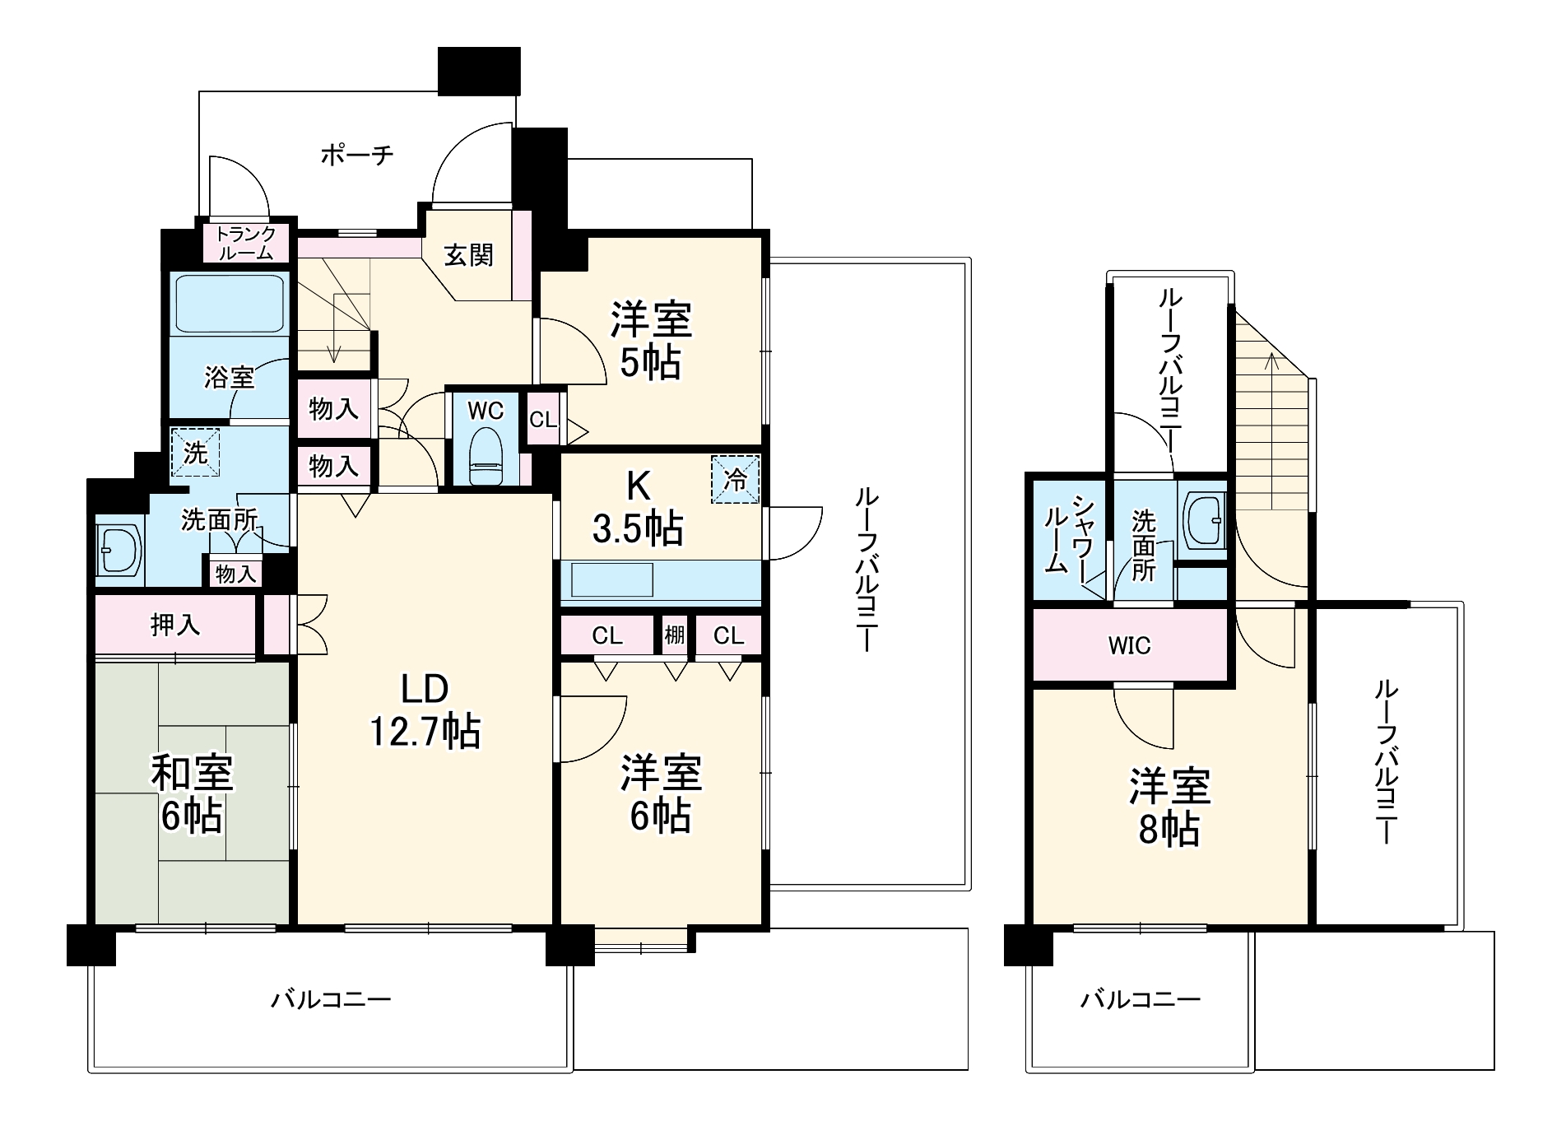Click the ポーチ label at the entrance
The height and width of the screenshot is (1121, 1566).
[x=357, y=154]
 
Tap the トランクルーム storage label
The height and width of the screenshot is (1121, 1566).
[x=246, y=243]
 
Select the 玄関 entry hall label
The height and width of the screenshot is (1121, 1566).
[x=469, y=255]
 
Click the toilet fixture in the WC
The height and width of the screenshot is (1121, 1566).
[x=485, y=457]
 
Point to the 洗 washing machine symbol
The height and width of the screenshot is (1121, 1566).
[x=195, y=452]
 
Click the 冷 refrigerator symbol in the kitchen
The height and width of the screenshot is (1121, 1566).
[x=735, y=479]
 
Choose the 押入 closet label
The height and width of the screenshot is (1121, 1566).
[x=175, y=626]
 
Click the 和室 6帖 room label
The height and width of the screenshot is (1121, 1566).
[x=193, y=794]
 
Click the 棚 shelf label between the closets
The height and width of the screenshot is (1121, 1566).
[x=675, y=635]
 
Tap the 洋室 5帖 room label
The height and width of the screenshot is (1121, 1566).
[x=651, y=340]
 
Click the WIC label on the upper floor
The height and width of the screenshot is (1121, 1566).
[x=1129, y=646]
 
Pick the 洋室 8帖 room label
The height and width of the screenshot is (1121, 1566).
[x=1169, y=807]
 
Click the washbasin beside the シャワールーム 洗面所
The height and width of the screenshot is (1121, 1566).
[x=1202, y=520]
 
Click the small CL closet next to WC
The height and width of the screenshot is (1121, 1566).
[x=543, y=420]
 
